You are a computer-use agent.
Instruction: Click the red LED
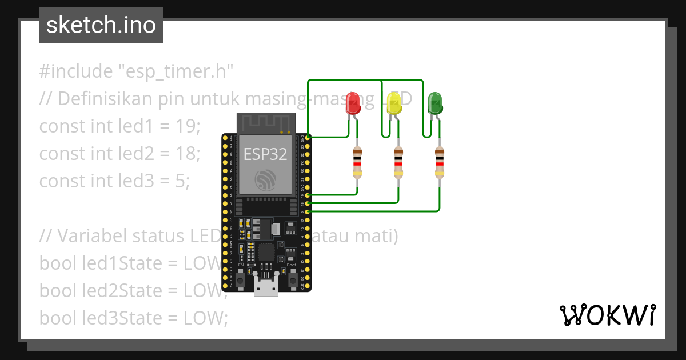(x=354, y=103)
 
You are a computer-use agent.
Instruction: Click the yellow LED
(x=394, y=103)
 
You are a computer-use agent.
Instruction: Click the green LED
(x=435, y=103)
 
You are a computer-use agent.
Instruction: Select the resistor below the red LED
(x=357, y=163)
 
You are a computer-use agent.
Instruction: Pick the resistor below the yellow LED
(x=398, y=163)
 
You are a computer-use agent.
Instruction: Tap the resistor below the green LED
(x=439, y=163)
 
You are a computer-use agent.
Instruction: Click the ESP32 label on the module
(x=265, y=154)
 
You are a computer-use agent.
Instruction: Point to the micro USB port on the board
(x=266, y=287)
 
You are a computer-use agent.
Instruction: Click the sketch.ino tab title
(x=101, y=26)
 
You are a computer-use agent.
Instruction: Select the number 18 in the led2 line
(x=188, y=153)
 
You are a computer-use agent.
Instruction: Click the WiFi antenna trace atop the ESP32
(x=265, y=123)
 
